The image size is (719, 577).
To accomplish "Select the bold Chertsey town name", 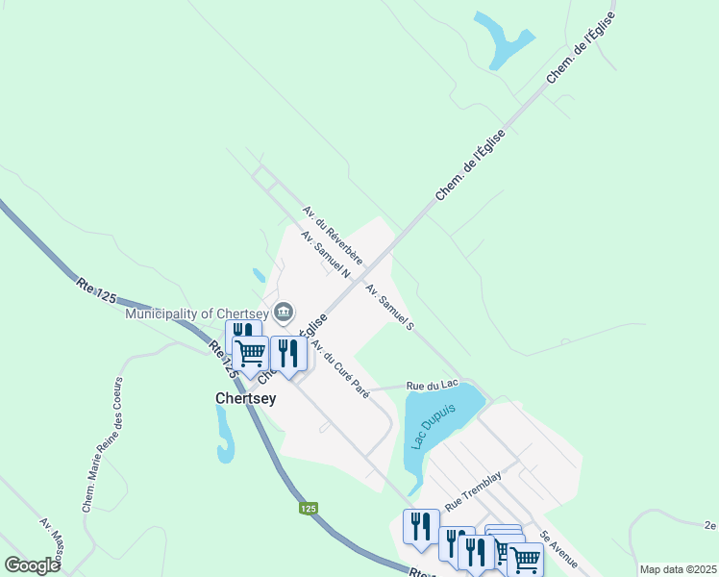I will click(x=245, y=398).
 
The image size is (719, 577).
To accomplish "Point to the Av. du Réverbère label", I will click(x=332, y=234).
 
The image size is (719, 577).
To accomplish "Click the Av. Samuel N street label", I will click(x=324, y=254).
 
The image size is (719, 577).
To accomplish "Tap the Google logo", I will click(x=32, y=565).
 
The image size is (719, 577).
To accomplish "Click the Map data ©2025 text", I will click(x=678, y=569).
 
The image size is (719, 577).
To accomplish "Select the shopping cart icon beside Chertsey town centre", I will click(x=251, y=352).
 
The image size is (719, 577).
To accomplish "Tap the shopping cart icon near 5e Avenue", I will click(x=525, y=557).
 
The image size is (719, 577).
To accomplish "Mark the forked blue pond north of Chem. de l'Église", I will click(x=502, y=38).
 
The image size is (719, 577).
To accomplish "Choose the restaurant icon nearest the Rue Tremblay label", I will click(x=421, y=526).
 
